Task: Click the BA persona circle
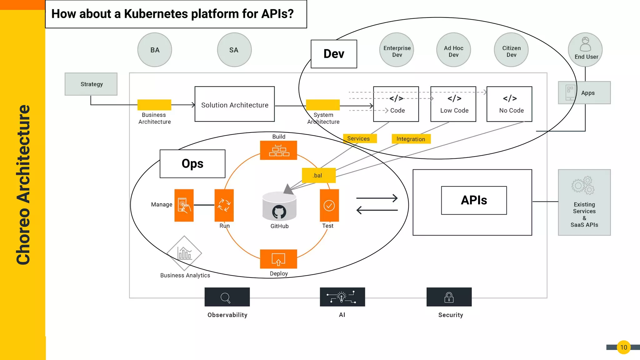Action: point(155,50)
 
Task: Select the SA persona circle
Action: point(234,50)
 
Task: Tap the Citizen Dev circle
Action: point(511,50)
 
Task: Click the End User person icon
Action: point(585,44)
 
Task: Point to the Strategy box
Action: point(91,84)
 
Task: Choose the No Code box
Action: point(509,104)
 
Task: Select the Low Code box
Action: point(453,104)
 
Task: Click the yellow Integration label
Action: point(411,139)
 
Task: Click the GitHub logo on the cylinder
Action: point(279,212)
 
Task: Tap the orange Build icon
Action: point(278,150)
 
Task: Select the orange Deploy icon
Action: point(278,259)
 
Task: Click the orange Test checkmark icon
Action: point(329,205)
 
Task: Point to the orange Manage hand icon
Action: point(184,205)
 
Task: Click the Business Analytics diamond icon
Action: point(184,253)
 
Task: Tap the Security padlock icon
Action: point(449,297)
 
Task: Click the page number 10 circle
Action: point(623,347)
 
